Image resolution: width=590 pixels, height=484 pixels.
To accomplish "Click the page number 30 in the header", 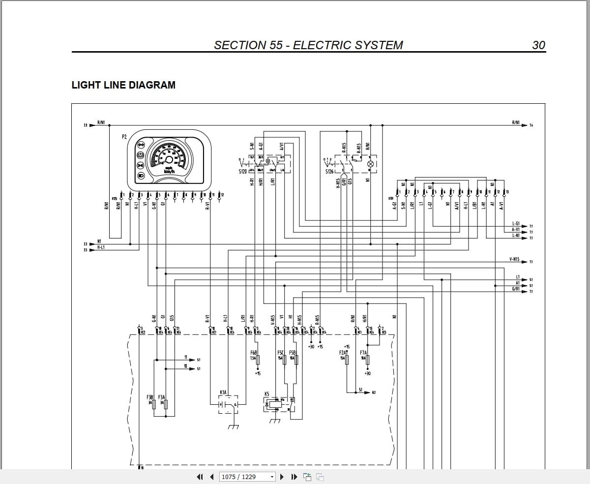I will pos(538,45).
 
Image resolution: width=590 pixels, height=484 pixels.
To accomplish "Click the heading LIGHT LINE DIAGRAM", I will pos(123,85).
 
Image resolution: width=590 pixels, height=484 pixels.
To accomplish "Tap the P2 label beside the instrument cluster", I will pos(124,136).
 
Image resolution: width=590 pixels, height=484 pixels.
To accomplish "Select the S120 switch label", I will pos(243,172).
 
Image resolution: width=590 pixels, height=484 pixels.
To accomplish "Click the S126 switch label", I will pos(329,172).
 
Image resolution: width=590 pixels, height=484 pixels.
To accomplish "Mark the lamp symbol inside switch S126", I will pos(371,163).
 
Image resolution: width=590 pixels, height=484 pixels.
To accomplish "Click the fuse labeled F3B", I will pos(154,404).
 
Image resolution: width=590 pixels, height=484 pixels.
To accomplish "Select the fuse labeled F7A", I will pos(368,360).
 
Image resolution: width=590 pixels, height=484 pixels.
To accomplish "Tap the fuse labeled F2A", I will pos(347,360).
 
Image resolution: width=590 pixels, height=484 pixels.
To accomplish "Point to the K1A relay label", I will pos(223,393).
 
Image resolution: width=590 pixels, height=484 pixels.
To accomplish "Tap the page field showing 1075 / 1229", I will pos(247,477).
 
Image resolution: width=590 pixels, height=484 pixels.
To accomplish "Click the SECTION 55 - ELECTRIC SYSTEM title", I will pos(308,45).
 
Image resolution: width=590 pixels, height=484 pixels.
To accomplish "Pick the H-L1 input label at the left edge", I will pos(101,247).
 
